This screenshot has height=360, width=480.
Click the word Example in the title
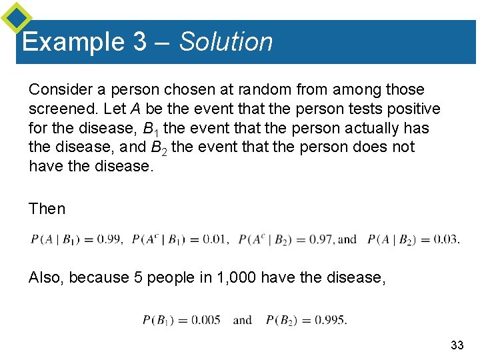73,42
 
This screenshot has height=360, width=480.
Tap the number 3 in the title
140,42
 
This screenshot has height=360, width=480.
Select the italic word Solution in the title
226,42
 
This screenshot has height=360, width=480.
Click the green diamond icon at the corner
16,18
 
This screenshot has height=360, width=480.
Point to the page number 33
457,345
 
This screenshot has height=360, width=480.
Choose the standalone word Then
47,209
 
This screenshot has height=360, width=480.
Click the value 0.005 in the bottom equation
206,320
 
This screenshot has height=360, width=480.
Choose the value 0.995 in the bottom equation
331,320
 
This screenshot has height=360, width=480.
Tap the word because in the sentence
98,277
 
